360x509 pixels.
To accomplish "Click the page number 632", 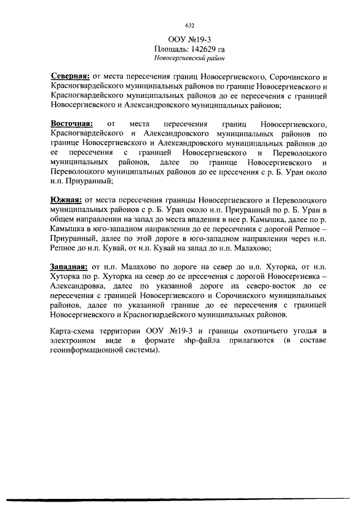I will (189, 26).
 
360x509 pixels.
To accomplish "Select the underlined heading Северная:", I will (67, 76).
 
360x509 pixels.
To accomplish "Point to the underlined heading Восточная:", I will (71, 123).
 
